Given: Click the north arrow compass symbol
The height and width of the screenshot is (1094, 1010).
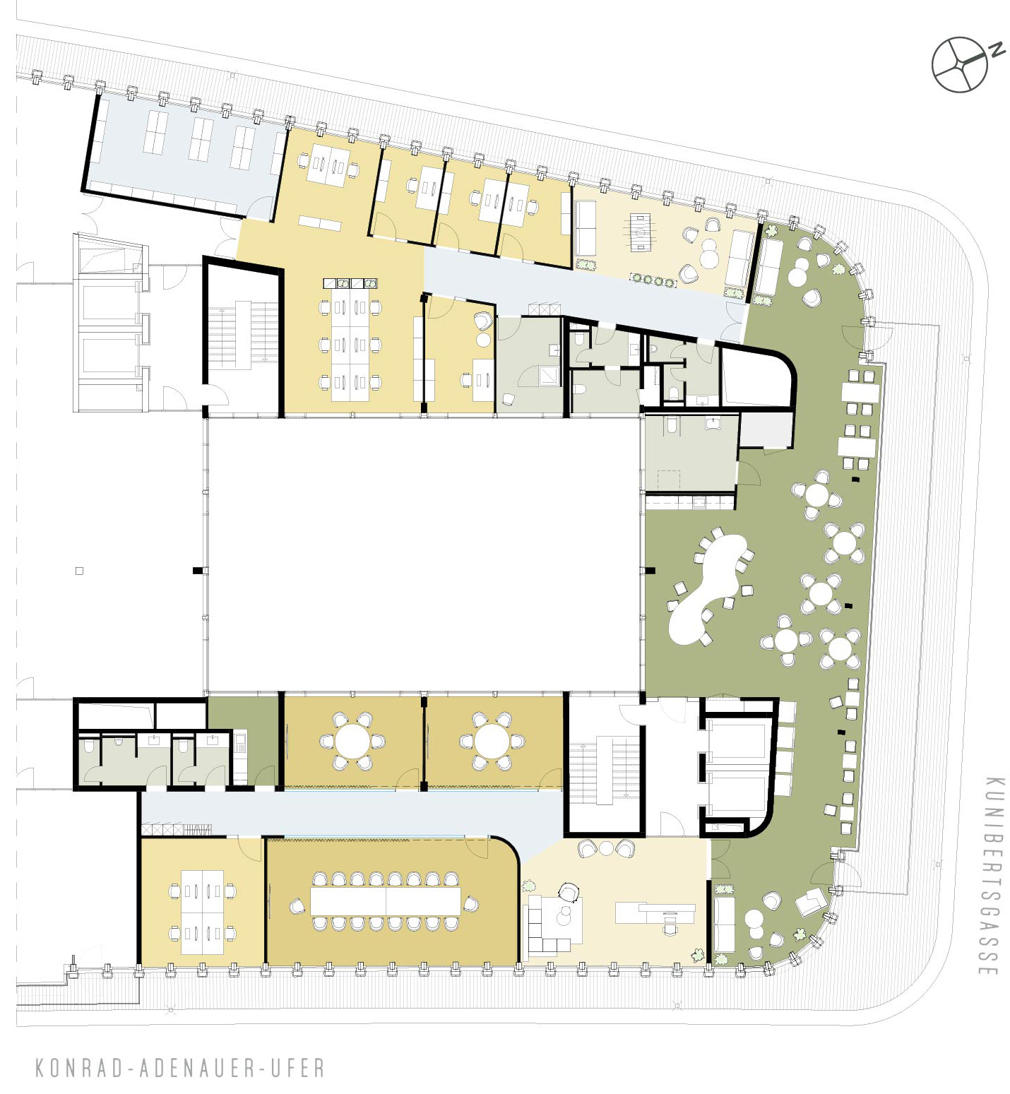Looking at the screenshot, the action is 958,64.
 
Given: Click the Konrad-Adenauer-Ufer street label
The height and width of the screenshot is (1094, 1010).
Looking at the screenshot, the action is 180,1067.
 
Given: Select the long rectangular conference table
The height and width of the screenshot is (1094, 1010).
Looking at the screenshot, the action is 386,901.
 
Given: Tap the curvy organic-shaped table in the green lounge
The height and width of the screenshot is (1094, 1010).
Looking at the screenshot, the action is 706,588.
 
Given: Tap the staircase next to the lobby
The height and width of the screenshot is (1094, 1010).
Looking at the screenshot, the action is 605,770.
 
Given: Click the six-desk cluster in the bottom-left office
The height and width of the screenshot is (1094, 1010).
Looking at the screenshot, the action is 203,912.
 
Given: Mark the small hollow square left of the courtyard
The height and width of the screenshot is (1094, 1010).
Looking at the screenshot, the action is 79,571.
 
